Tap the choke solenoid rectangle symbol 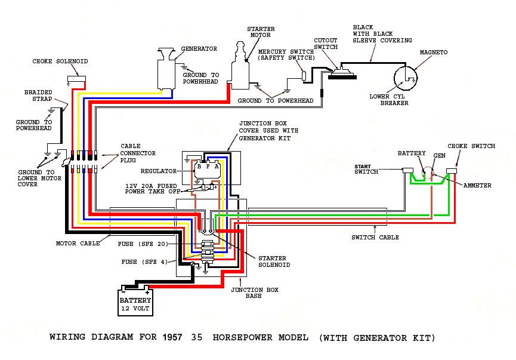click(x=77, y=79)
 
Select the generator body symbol click(x=166, y=69)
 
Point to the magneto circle click(x=406, y=78)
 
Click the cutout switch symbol click(x=342, y=73)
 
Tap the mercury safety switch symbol click(x=304, y=76)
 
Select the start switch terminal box click(x=408, y=170)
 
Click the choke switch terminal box click(x=452, y=171)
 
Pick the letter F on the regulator click(x=208, y=167)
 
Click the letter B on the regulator click(x=199, y=167)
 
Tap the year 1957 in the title click(x=172, y=337)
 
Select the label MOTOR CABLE click(x=78, y=244)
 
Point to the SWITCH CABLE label click(x=375, y=237)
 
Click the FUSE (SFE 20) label click(x=143, y=244)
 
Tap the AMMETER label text click(x=477, y=186)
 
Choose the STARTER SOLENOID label click(x=274, y=261)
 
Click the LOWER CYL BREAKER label click(x=389, y=100)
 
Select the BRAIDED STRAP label click(x=38, y=96)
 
